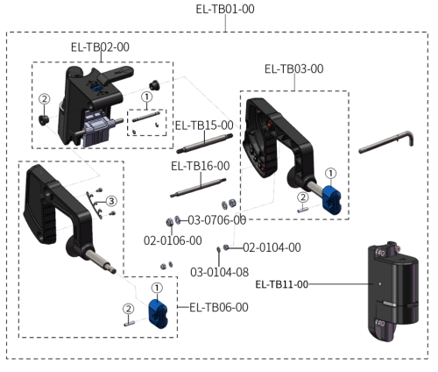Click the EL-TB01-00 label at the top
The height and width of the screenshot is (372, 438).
click(224, 10)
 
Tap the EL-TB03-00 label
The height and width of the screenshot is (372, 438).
click(293, 68)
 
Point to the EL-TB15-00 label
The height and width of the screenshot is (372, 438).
click(204, 125)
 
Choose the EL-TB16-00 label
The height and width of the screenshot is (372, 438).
click(201, 165)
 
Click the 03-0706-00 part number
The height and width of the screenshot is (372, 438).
click(215, 219)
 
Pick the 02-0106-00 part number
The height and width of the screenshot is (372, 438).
click(173, 240)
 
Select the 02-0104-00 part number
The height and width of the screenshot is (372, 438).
click(272, 247)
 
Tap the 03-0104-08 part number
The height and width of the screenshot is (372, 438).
click(219, 272)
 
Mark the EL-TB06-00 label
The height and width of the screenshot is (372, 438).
click(219, 307)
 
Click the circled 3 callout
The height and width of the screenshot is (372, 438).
click(111, 202)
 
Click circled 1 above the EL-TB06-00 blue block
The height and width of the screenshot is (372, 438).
click(156, 287)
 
